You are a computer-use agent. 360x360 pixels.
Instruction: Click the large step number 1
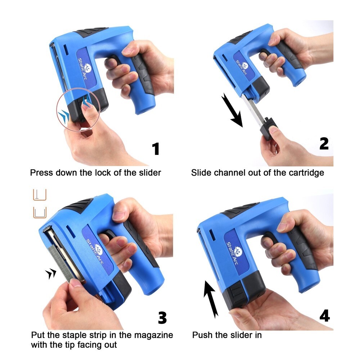(156, 149)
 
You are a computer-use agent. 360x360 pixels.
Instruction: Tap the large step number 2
(324, 143)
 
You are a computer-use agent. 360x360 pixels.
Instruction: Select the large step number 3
(162, 318)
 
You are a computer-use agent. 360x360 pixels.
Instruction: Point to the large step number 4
(324, 315)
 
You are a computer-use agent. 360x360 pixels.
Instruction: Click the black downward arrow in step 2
(232, 111)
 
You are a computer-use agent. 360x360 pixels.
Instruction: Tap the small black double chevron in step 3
(51, 274)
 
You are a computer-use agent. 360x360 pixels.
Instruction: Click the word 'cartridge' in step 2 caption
(306, 173)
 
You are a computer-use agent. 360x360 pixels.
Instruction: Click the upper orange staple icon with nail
(39, 194)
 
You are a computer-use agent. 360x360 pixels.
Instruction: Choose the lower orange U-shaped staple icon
(39, 212)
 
